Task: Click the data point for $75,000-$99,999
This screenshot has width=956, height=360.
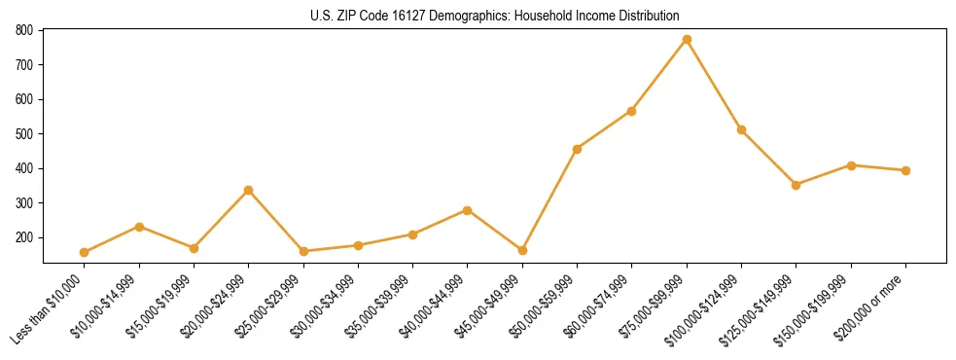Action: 687,40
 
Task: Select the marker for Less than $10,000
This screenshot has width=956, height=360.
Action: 85,252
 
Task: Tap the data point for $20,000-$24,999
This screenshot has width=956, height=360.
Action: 249,190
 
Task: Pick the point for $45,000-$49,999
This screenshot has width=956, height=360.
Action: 522,250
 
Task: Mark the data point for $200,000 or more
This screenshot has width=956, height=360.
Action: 905,170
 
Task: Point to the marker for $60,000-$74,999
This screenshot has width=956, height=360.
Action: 632,111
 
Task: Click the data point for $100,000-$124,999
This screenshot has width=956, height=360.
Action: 741,129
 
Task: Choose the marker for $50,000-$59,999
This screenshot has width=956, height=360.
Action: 578,149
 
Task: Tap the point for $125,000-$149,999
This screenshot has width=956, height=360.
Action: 797,185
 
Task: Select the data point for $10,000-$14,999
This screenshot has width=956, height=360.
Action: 139,227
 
